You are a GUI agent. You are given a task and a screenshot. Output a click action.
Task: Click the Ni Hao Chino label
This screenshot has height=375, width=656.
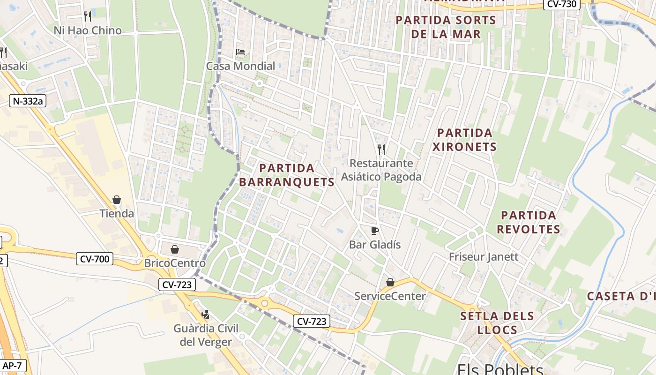[x=88, y=30]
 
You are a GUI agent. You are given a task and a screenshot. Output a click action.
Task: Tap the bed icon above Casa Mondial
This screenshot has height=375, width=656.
[x=240, y=52]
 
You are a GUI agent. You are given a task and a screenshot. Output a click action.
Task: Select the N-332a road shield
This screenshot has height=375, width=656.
[x=28, y=100]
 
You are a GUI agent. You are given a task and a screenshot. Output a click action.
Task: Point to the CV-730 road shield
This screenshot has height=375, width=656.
[x=562, y=4]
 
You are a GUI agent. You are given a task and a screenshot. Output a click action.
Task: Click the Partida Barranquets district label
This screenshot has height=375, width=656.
[x=287, y=175]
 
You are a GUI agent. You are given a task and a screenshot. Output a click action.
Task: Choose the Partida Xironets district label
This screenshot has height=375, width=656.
[x=464, y=140]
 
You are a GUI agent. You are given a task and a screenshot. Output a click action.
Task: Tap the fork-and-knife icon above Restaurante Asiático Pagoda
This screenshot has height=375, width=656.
[x=381, y=150]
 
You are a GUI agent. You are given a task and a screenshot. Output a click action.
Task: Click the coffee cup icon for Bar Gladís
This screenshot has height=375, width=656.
[x=374, y=231]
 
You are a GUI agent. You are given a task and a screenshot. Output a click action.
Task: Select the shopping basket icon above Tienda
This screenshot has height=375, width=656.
[x=117, y=200]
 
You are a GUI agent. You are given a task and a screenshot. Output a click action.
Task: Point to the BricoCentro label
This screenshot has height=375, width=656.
[x=175, y=263]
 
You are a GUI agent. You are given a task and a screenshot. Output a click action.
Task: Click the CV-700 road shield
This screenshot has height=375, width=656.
[x=95, y=258]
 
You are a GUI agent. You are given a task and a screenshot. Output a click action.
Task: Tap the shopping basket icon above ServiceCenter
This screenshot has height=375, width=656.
[x=390, y=282]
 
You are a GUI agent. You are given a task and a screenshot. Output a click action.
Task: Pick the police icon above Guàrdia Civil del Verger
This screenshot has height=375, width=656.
[x=205, y=314]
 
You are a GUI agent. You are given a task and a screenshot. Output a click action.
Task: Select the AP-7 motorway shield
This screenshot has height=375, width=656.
[x=12, y=365]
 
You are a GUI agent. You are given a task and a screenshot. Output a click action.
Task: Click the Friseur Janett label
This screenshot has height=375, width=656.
[x=484, y=257]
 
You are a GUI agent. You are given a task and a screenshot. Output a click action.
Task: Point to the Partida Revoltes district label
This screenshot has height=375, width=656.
[x=529, y=222]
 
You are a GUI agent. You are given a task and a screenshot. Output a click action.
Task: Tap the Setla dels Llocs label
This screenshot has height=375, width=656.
[x=497, y=322]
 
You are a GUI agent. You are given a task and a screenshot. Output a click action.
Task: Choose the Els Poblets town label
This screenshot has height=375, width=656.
[x=499, y=369]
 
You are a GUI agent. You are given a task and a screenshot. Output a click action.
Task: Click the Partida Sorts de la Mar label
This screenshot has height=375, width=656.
[x=446, y=27]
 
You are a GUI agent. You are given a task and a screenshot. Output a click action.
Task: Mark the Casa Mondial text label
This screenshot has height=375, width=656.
[x=241, y=66]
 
